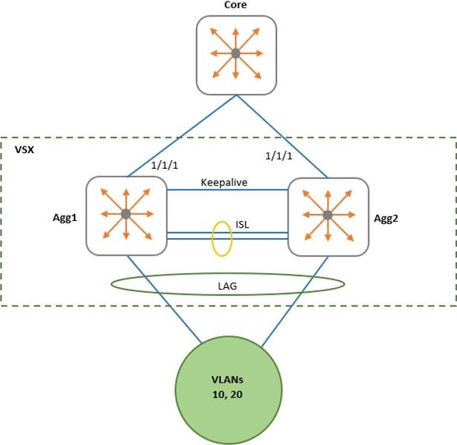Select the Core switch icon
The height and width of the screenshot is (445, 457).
[235, 54]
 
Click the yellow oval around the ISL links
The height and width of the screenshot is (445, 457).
[213, 240]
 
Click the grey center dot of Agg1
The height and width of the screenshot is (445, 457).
[126, 214]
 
